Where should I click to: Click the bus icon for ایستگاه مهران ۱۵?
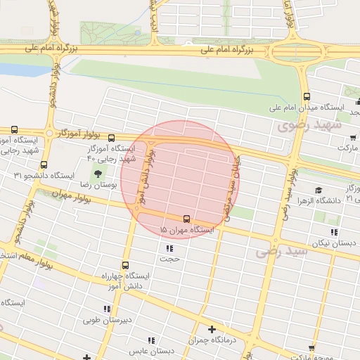[186, 219]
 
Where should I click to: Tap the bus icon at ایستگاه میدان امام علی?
[307, 97]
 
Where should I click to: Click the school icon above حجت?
[169, 248]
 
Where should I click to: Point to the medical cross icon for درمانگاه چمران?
[212, 329]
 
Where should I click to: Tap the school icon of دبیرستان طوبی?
[107, 309]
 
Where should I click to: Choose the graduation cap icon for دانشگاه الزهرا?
[319, 190]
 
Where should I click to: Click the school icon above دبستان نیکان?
[335, 231]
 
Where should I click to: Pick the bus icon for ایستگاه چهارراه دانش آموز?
[125, 266]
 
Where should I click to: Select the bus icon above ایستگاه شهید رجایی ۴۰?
[111, 138]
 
